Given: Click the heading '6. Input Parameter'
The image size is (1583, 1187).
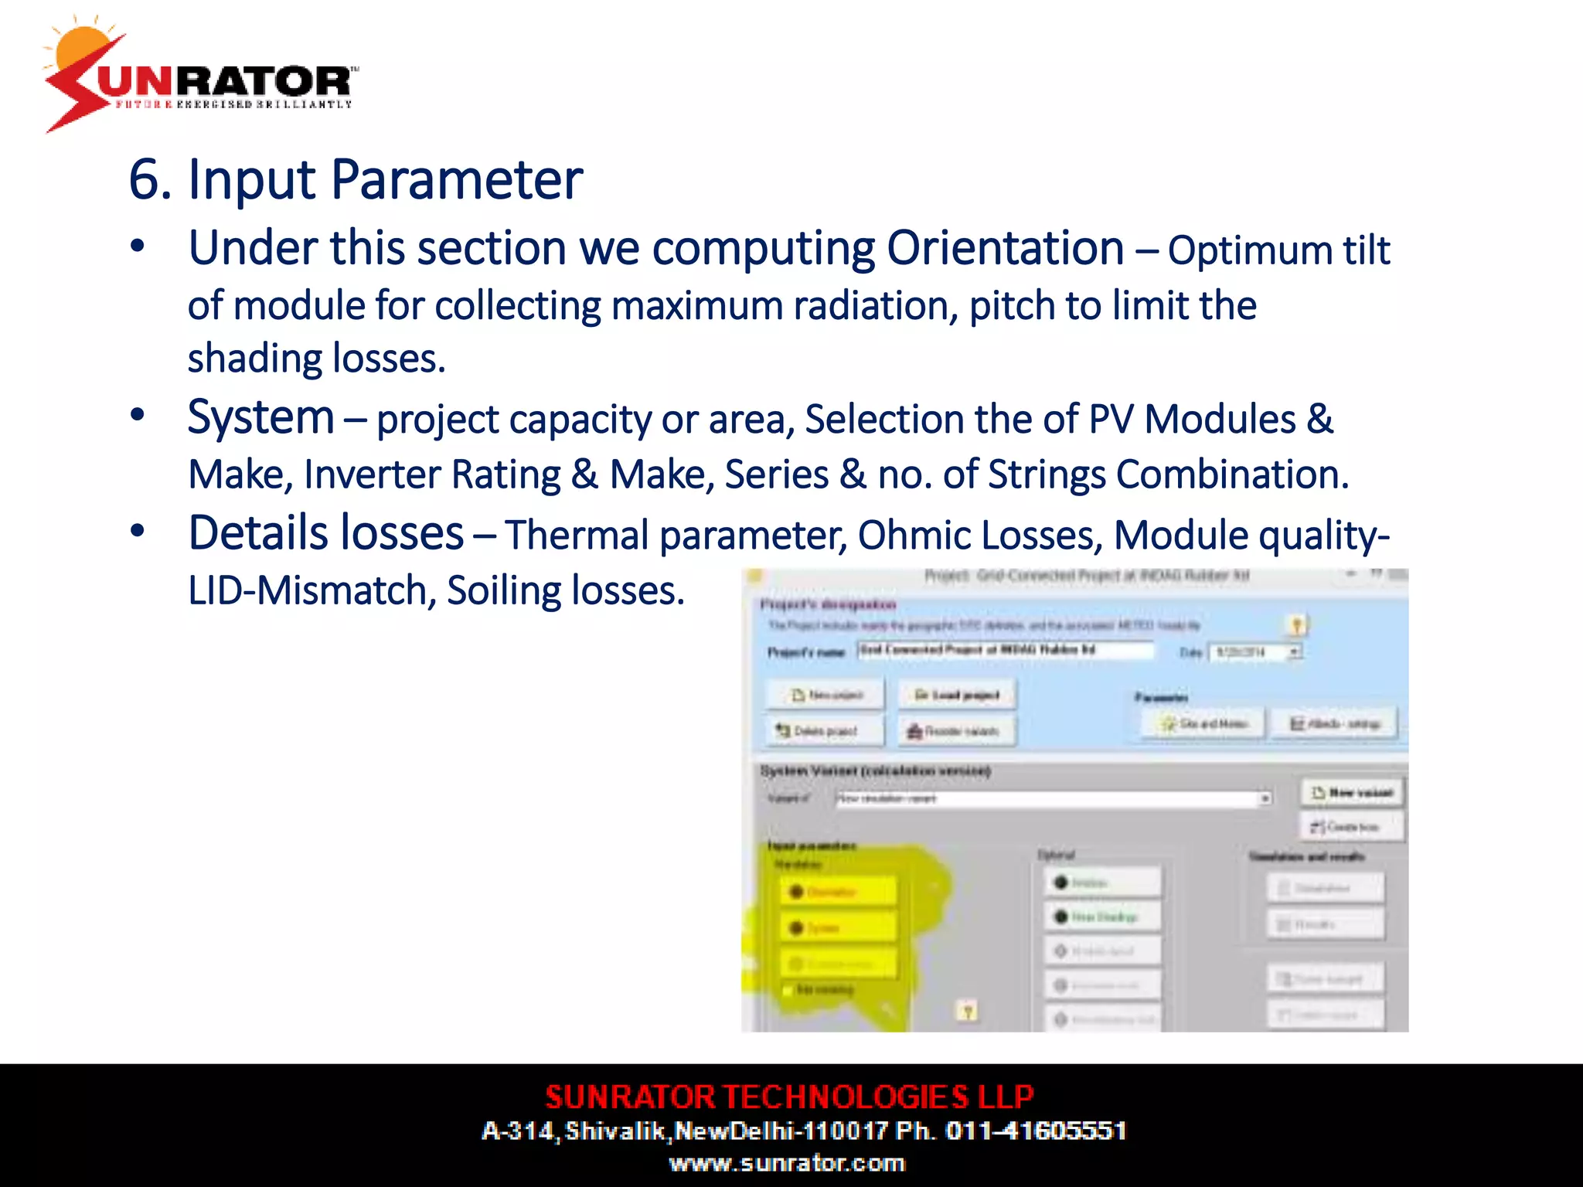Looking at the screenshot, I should [x=356, y=179].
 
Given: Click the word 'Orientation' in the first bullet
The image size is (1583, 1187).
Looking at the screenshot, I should [x=1005, y=249].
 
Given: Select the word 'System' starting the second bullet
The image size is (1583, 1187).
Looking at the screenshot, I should [x=261, y=417].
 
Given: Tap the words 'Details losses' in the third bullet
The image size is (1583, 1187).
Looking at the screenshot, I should [x=325, y=533].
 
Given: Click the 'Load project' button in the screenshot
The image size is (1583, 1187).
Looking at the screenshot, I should [x=957, y=695].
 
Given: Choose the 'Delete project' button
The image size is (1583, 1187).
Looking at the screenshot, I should [x=825, y=730].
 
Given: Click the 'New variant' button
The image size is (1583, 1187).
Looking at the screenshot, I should [x=1353, y=792].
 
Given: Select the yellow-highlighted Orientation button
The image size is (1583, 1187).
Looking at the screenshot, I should [x=839, y=892].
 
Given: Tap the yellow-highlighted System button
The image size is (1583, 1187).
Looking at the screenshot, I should [x=839, y=927].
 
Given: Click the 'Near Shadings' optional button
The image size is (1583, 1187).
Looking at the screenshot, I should [x=1103, y=917].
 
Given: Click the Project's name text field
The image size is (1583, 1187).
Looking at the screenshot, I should [x=1005, y=650].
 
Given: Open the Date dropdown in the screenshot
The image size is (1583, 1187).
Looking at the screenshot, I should [x=1294, y=652].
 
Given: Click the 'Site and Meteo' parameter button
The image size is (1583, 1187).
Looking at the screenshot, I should [x=1203, y=724].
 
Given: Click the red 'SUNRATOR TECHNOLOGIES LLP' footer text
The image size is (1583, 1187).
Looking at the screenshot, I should [x=789, y=1097].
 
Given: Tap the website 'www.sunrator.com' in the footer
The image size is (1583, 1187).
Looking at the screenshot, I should [x=787, y=1163].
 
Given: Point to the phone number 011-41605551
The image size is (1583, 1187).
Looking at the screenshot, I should [x=1036, y=1131].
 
